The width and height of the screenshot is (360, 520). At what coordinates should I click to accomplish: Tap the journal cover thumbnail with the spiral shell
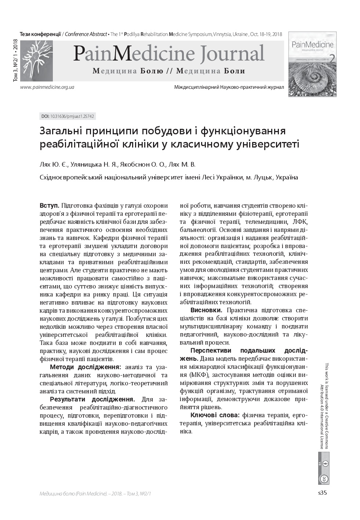coord(312,64)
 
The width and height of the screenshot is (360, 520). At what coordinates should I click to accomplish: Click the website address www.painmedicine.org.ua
coord(48,87)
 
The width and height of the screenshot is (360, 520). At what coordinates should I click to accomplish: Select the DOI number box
coord(67,116)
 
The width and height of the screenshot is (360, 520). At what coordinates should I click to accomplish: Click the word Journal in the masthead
coord(232,54)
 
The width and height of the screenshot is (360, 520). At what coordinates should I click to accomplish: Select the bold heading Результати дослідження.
coord(92,399)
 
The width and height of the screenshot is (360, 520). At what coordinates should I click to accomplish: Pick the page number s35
coord(322,493)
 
